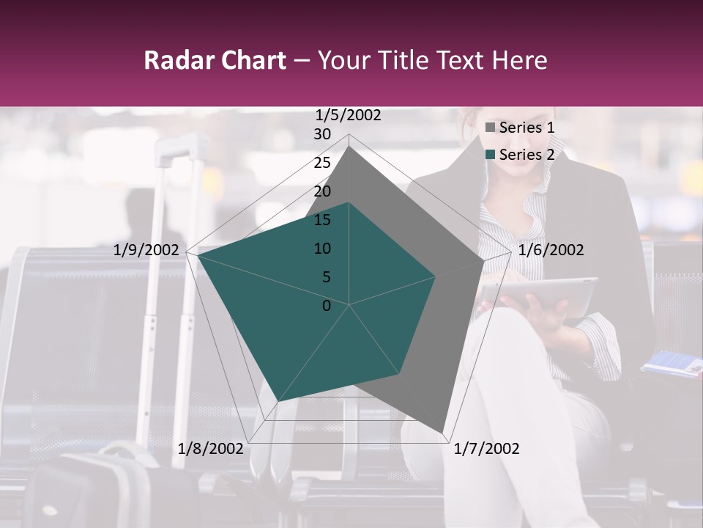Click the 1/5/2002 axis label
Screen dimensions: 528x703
tap(348, 115)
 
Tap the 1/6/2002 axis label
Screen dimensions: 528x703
tap(551, 250)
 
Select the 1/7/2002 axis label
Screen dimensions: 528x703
tap(487, 449)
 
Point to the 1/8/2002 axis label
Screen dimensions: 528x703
tap(211, 449)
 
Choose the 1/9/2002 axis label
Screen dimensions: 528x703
tap(146, 250)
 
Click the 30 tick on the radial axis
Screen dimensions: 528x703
tap(322, 134)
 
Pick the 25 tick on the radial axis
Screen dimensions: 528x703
tap(322, 163)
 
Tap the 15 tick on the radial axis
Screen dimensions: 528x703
tap(322, 220)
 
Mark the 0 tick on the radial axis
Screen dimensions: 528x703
tap(327, 306)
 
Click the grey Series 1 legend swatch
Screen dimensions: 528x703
tap(491, 128)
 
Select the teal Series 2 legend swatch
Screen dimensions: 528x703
tap(491, 155)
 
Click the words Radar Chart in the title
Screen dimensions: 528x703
tap(215, 60)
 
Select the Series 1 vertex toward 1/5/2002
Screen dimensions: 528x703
tap(349, 146)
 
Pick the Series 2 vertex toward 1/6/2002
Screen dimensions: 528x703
tap(436, 276)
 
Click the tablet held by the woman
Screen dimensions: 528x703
tap(538, 297)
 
